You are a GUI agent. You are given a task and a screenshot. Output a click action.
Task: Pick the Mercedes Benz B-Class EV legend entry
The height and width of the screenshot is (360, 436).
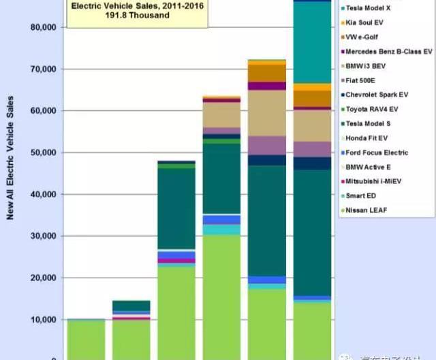[388, 51]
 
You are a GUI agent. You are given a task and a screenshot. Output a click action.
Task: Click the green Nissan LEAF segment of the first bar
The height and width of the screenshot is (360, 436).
[86, 338]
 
